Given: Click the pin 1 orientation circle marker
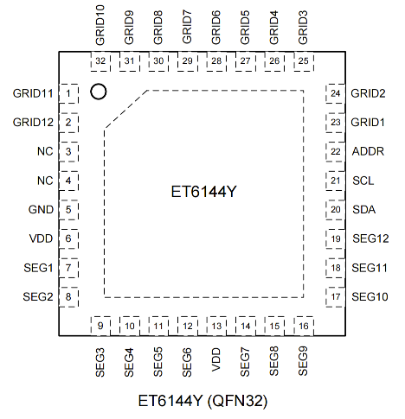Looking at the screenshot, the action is pos(99,92).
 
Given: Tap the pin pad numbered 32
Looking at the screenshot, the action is pos(100,61).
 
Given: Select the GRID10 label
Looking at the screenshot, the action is pos(100,25).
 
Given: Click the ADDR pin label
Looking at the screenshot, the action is pos(368,151).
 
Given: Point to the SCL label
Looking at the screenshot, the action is pos(363,181).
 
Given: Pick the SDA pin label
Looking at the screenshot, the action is pos(364,209).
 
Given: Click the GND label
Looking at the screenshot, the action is pos(41,209).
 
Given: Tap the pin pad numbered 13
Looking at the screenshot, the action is pos(216,326).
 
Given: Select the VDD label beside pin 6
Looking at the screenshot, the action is pos(41,238).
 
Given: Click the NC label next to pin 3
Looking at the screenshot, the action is pos(45,151).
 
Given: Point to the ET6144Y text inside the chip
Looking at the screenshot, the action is pos(204,192).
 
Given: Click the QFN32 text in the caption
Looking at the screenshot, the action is pos(238,401).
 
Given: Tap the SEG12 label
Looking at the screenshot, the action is pos(370,238).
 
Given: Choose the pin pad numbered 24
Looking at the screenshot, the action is pos(336,93).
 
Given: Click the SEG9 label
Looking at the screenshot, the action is pos(303,361).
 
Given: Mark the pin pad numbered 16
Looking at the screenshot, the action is pos(304,326).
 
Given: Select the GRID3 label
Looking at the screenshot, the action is pos(303,28).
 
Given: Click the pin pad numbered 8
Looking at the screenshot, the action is pos(68,296).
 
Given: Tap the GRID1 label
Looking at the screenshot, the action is pos(368,123).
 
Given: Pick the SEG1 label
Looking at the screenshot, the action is pos(38,268).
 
